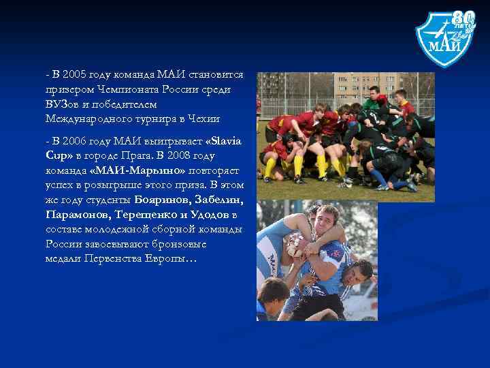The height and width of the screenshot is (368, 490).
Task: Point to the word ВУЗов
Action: click(65, 104)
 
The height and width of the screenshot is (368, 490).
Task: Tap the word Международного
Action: click(85, 119)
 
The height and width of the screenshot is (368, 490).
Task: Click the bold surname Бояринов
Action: click(162, 200)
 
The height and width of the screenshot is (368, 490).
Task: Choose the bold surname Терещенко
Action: click(144, 215)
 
